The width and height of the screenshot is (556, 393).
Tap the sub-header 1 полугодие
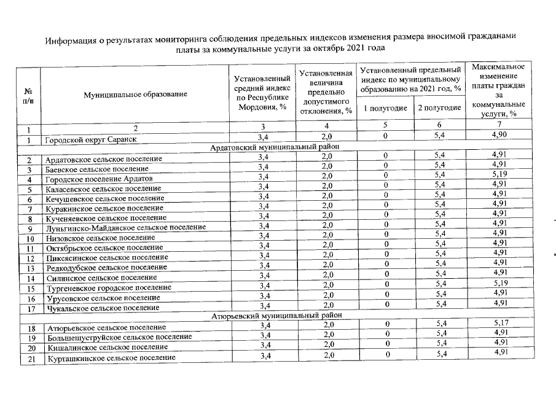click(385, 108)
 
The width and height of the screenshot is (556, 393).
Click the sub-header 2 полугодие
click(439, 108)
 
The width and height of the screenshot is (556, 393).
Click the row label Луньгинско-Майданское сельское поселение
click(125, 227)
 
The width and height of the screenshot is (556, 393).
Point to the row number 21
click(28, 358)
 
